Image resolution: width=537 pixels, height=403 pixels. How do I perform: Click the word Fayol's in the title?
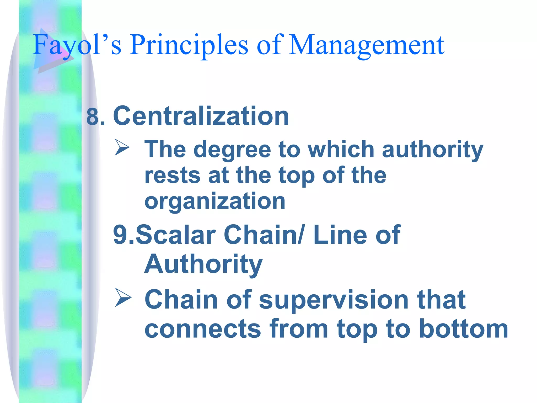[77, 45]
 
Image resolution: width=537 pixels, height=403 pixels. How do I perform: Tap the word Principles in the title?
[189, 45]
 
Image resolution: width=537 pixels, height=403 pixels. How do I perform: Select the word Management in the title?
[366, 45]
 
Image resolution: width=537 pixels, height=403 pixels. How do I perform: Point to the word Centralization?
[201, 116]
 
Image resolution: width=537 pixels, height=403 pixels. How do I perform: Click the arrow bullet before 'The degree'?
[122, 147]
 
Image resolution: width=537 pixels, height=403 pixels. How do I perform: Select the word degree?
[232, 150]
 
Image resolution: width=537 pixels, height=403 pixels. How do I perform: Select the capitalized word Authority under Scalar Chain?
[203, 264]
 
